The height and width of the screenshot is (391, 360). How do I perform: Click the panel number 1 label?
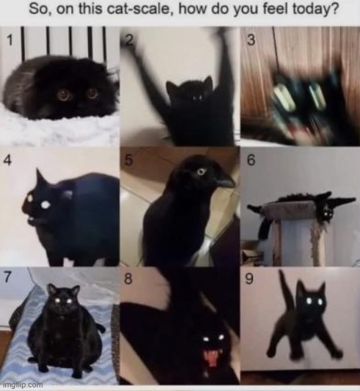(9, 40)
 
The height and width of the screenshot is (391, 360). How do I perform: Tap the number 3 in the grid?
(251, 40)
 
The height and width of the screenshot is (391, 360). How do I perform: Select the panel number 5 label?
(128, 160)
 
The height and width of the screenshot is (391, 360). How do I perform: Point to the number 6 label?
(251, 160)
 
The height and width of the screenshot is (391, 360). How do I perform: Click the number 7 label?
(7, 278)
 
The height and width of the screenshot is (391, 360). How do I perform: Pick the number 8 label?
(128, 278)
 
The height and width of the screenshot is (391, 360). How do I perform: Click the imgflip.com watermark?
(24, 385)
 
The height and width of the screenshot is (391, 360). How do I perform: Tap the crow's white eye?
(201, 172)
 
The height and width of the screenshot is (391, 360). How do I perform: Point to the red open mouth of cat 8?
(211, 358)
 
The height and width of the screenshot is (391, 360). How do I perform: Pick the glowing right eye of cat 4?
(45, 205)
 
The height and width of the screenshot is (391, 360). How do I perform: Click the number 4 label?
(8, 161)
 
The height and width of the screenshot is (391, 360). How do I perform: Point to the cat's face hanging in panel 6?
(327, 212)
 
